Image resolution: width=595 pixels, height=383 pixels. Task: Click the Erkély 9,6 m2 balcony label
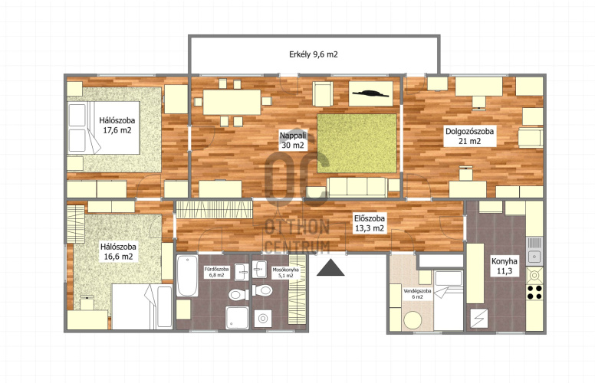point(314,54)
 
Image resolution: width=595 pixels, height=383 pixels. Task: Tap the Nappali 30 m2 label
point(293,140)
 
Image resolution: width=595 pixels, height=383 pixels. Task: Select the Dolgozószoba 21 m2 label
point(470,136)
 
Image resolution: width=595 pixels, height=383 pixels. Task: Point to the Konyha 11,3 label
point(505,267)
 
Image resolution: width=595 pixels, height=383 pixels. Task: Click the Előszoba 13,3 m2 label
point(370,224)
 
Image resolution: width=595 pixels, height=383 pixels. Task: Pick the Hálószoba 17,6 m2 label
point(117,126)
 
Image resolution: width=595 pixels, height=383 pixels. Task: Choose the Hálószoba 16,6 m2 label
point(118,252)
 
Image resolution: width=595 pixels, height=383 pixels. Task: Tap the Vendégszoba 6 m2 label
point(417,294)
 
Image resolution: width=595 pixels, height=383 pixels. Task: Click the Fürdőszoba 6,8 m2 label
point(217,272)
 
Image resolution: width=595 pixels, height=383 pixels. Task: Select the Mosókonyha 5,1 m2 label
point(286,273)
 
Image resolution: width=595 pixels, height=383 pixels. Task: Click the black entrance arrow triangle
point(330,267)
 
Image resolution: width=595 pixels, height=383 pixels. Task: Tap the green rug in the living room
point(357,143)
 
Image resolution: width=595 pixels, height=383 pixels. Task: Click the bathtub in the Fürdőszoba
point(187,276)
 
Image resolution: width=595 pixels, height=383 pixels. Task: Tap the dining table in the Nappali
point(232,102)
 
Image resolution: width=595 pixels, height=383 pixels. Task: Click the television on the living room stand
point(371,93)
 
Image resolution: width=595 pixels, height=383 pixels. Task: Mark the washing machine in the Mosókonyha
point(262,319)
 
